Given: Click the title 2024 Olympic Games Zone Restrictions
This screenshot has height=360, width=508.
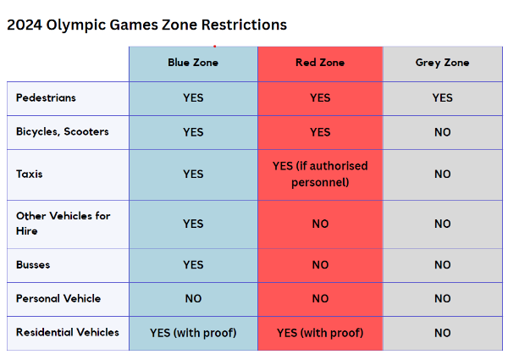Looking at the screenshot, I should point(146,25).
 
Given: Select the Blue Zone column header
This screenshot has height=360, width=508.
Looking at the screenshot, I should point(193,63).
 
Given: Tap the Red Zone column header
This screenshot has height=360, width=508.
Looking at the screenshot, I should point(320,63).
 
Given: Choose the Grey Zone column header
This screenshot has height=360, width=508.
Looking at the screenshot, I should point(442,63).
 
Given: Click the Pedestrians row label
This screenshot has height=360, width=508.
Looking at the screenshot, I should point(46,97).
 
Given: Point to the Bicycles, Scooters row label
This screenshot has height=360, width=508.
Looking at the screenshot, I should point(62,132).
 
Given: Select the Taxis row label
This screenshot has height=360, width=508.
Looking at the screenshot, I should point(29,174).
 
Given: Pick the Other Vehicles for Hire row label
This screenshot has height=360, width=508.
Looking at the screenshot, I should point(63,224).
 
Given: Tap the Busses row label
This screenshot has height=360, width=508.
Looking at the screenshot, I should point(33,264).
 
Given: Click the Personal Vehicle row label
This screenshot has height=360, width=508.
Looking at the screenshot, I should point(58,298).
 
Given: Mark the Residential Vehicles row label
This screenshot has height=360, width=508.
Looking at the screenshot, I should point(67,332).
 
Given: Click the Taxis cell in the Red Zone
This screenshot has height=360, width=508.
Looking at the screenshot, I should point(320,174).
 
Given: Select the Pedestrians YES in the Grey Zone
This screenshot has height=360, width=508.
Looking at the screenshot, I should point(442,97).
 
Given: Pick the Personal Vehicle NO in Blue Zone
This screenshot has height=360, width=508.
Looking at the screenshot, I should point(193,298).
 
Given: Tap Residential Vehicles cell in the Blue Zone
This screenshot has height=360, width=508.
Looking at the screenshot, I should point(193,333).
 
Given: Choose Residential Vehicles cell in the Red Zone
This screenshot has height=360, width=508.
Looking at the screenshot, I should point(320,333).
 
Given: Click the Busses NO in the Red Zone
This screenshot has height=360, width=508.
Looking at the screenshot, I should point(320,265).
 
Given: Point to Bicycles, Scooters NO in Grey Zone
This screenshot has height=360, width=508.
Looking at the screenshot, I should point(442,132).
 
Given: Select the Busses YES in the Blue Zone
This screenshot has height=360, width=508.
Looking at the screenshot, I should point(193,265).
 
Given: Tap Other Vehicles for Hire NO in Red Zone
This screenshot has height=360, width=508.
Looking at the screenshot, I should point(320,224).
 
